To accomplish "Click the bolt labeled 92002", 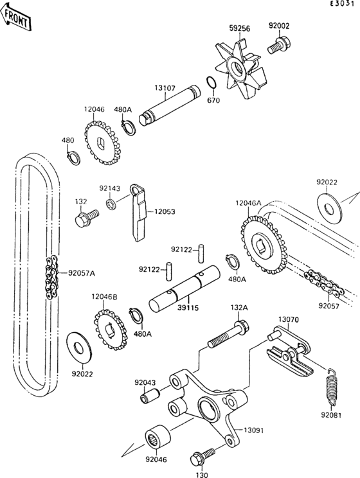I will click(280, 46).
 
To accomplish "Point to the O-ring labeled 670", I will click(210, 84).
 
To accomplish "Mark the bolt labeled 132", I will click(84, 218).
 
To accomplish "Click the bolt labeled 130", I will click(197, 459).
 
